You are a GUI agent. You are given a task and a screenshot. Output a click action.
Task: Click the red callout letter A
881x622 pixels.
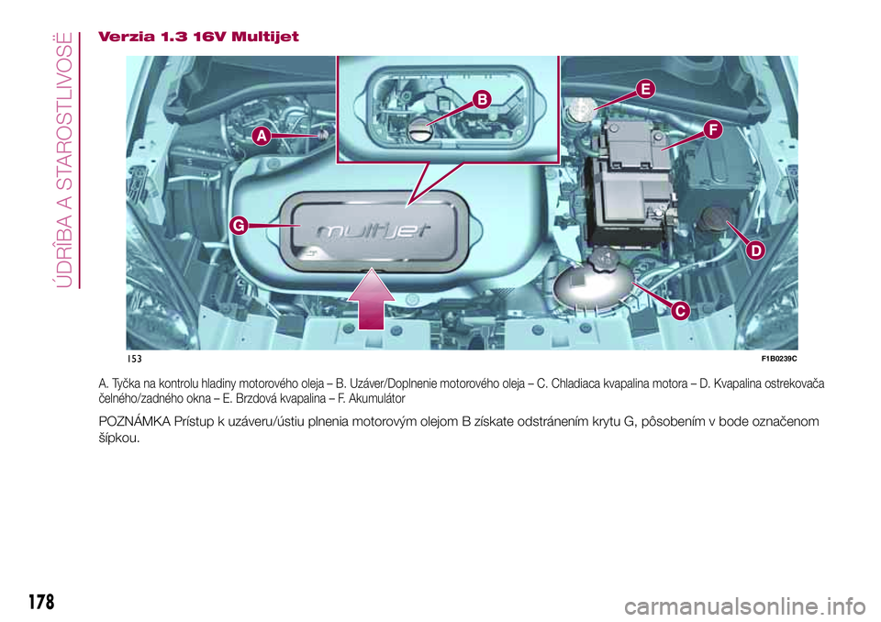point(261,136)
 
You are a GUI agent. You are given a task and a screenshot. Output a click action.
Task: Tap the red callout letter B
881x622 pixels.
point(482,98)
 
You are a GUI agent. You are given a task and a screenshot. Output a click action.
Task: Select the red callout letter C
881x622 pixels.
point(679,312)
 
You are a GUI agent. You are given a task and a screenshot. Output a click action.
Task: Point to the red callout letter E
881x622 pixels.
point(644,88)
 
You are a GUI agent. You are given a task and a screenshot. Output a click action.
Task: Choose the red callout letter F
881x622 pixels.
point(711,130)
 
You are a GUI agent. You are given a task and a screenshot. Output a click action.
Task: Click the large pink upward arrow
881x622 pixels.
point(372,297)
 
